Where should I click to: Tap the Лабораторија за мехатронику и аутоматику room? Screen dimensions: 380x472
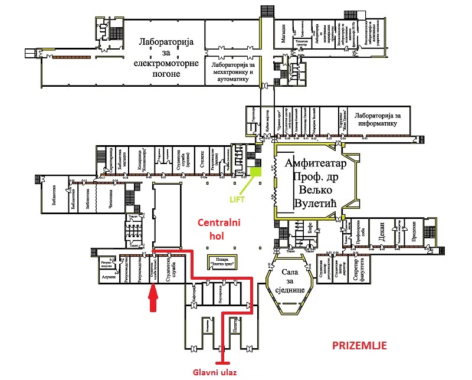[x=232, y=71]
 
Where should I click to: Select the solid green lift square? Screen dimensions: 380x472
[x=255, y=172]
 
